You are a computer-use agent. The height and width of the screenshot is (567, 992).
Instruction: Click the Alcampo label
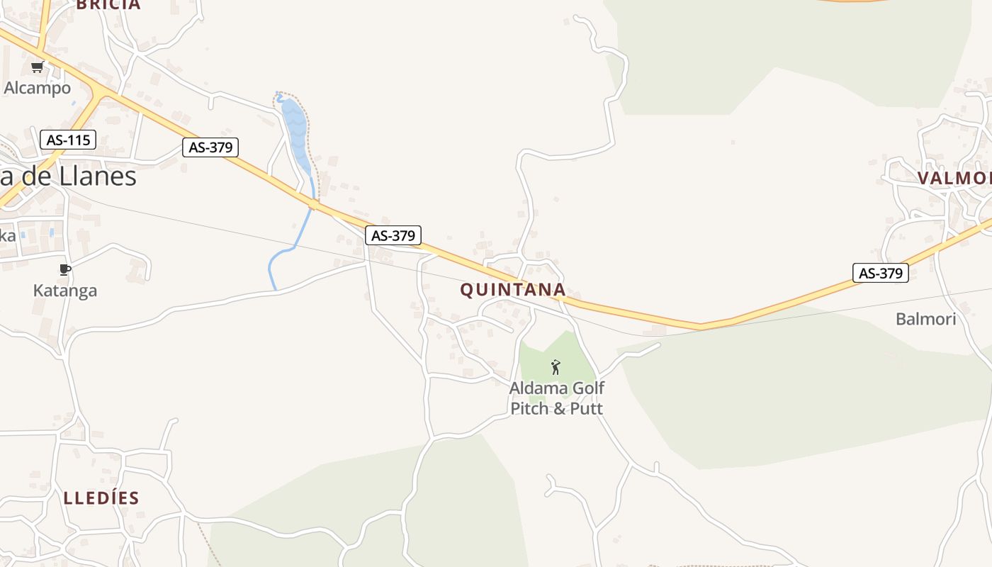click(x=38, y=88)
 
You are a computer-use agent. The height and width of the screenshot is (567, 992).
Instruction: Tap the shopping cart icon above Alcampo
click(x=38, y=67)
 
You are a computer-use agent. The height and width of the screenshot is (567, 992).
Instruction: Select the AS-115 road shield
click(x=68, y=140)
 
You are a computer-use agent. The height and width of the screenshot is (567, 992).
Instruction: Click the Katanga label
click(x=65, y=291)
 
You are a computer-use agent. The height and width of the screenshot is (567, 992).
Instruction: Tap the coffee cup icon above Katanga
click(x=65, y=269)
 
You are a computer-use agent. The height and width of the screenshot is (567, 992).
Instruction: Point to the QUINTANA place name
click(x=513, y=289)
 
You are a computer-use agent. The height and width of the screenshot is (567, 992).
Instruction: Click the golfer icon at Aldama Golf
click(x=556, y=367)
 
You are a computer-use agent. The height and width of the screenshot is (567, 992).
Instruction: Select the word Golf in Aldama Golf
click(x=587, y=388)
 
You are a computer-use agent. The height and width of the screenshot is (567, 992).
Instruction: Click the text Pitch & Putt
click(x=557, y=408)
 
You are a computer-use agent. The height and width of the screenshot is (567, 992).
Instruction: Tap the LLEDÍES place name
click(x=101, y=498)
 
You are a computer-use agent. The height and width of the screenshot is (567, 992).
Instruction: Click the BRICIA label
click(x=108, y=5)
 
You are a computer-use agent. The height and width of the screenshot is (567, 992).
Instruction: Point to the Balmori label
click(x=925, y=319)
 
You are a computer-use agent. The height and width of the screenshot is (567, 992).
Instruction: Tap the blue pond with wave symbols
click(x=295, y=131)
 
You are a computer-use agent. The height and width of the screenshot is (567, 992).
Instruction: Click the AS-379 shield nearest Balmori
click(x=880, y=273)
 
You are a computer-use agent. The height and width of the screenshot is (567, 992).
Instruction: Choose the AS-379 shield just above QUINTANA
click(x=393, y=235)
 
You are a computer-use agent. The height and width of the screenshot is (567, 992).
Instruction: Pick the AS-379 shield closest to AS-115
click(x=210, y=147)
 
